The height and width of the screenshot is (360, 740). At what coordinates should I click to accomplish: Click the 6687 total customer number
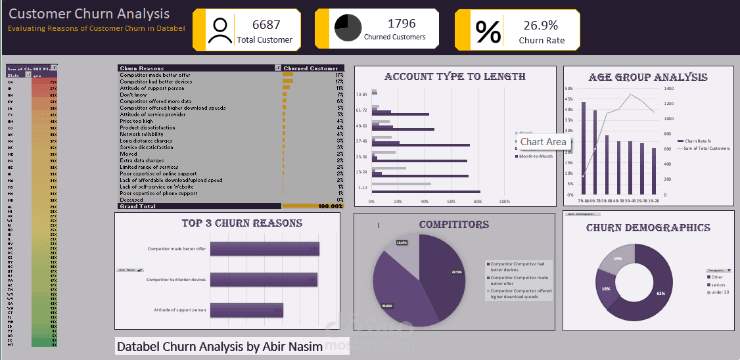(266, 25)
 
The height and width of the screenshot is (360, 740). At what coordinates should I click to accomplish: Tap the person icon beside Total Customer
(220, 30)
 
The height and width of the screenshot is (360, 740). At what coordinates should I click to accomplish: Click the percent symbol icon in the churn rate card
(488, 31)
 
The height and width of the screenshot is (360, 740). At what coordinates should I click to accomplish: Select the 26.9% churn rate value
(540, 26)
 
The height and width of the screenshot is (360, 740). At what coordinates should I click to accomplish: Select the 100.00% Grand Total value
(330, 206)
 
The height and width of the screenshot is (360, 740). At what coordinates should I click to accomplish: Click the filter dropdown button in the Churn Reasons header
(277, 68)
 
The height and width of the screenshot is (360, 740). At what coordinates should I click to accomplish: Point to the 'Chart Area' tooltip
(543, 142)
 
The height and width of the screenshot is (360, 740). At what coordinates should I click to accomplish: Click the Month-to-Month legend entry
(536, 156)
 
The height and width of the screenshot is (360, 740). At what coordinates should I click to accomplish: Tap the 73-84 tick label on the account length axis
(361, 93)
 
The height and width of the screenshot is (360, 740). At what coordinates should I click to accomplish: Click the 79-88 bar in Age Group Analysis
(583, 148)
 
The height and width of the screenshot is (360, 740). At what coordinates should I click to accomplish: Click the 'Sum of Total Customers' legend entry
(707, 148)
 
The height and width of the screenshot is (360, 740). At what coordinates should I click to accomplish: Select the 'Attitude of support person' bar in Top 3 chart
(246, 310)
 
